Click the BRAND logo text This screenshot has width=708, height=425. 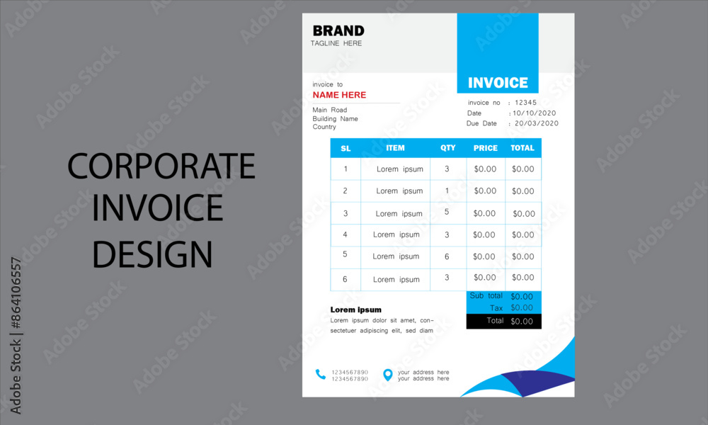tap(338, 30)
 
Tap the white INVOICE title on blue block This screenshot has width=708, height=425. tap(498, 83)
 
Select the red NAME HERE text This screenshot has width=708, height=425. tap(339, 95)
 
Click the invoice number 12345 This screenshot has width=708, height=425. tap(525, 103)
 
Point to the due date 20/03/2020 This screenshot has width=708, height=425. tap(537, 123)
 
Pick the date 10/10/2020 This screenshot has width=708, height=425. tap(534, 113)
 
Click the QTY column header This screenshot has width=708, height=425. tap(448, 148)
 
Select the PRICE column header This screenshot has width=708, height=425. tap(486, 148)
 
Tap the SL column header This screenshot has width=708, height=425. tap(346, 149)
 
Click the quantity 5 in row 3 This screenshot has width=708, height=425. tap(447, 212)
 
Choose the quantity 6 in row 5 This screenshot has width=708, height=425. tap(447, 256)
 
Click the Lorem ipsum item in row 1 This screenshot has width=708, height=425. tap(399, 169)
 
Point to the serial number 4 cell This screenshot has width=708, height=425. tap(345, 234)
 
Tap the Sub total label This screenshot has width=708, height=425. tap(486, 295)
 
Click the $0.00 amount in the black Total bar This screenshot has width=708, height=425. tap(522, 322)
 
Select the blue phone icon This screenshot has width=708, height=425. tap(320, 375)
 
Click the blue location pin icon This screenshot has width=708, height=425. tap(387, 375)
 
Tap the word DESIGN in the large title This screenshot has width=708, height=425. tap(152, 254)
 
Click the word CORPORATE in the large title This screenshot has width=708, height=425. tap(161, 166)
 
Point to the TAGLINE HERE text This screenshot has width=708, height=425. tap(336, 43)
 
